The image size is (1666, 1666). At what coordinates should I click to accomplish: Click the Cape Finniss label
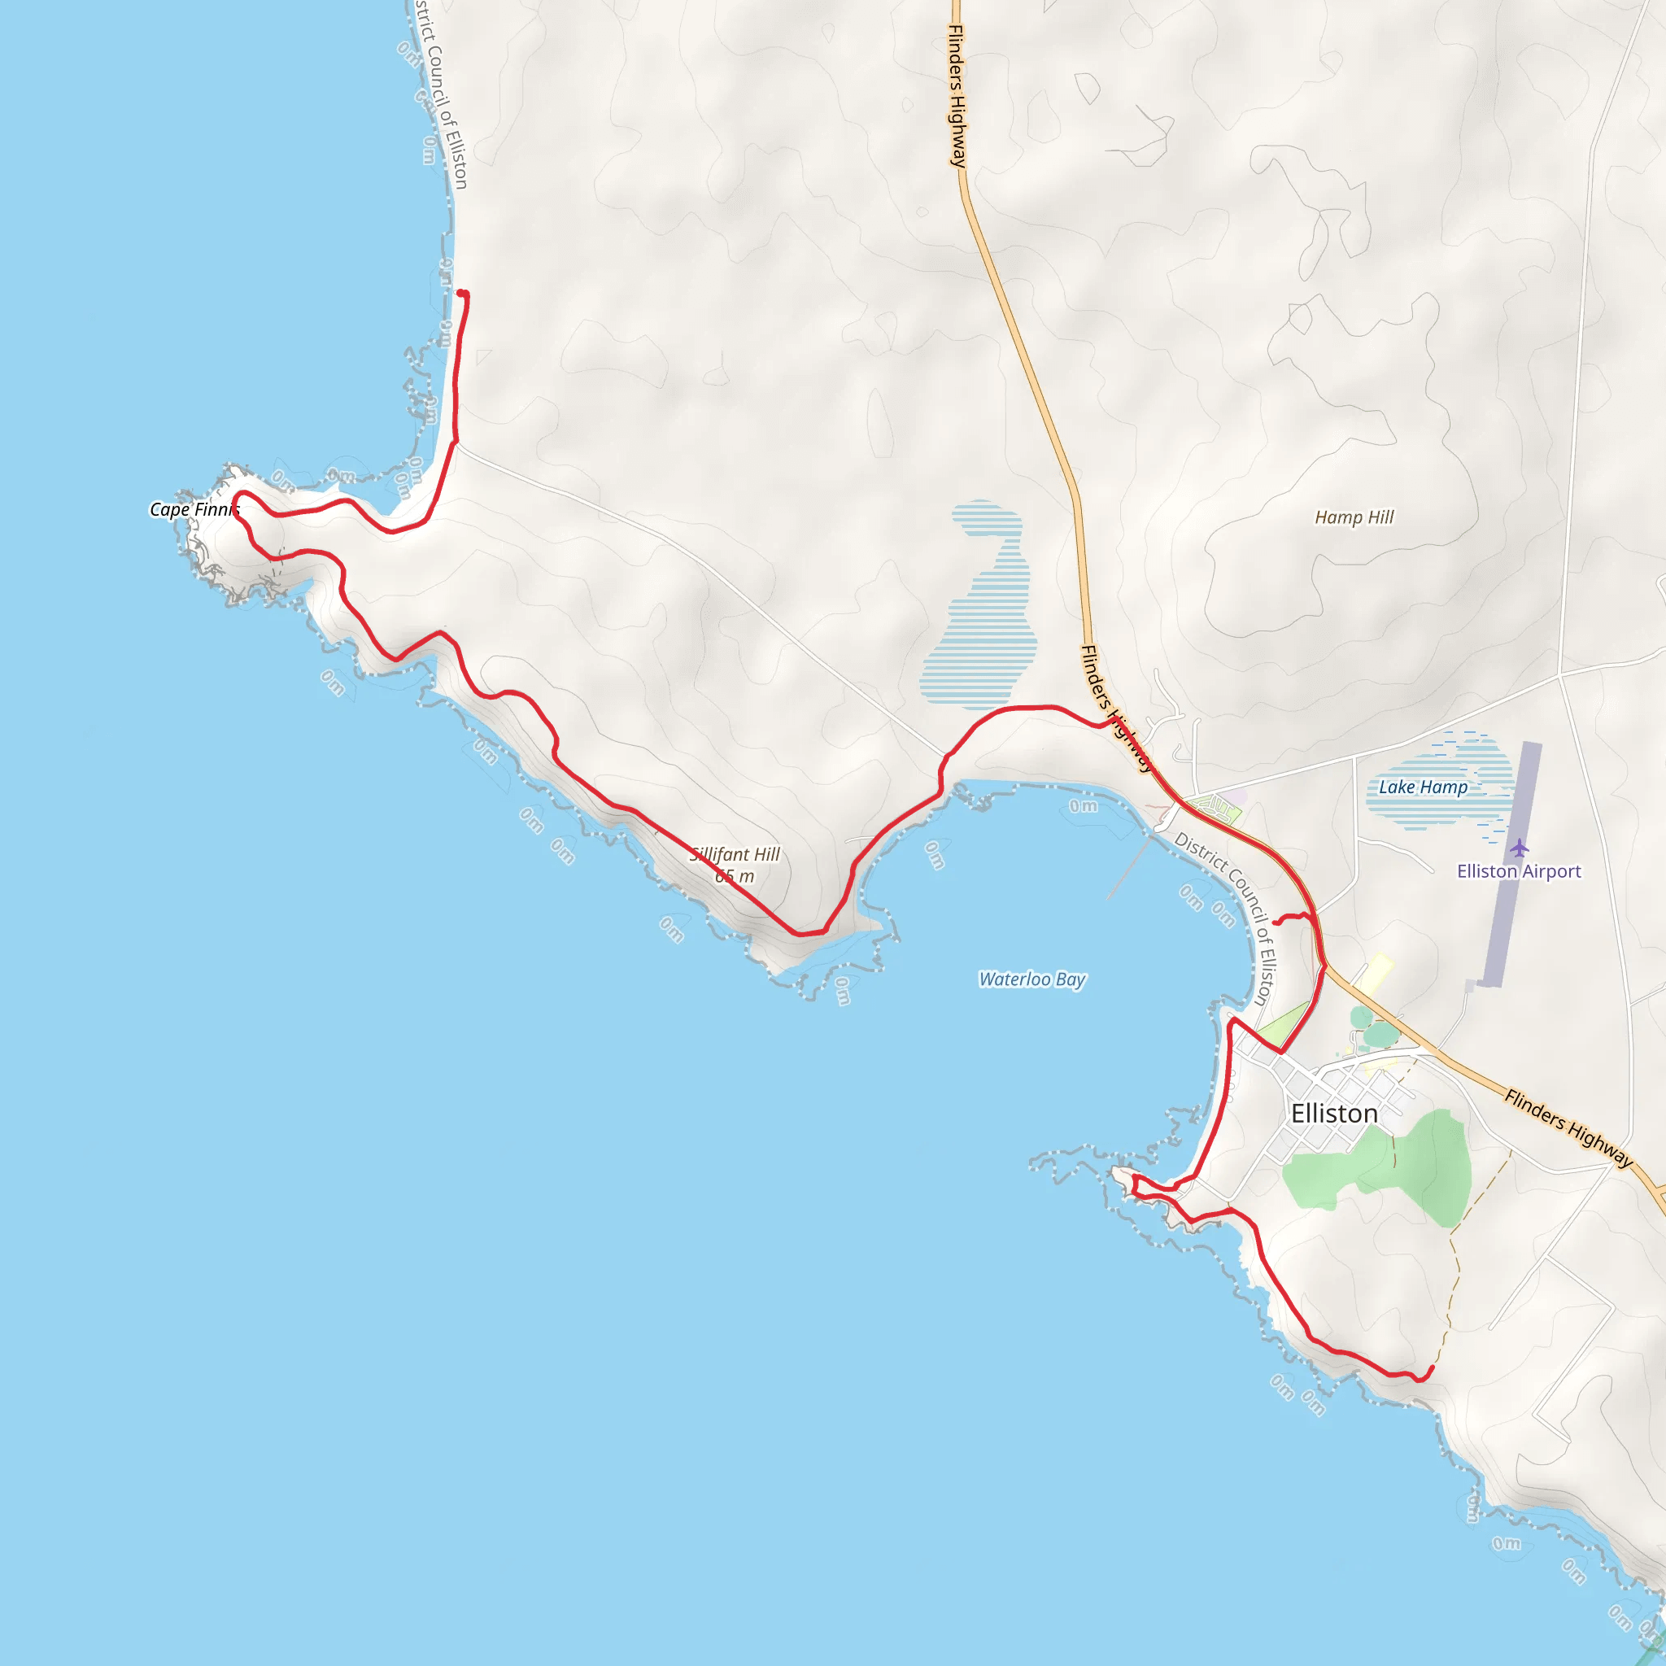point(194,509)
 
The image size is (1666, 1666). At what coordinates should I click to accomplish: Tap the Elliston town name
point(1334,1114)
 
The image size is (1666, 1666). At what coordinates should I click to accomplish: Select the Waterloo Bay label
point(1032,979)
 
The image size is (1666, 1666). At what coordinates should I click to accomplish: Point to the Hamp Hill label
point(1354,517)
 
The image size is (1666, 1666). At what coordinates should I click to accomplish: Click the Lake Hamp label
point(1423,787)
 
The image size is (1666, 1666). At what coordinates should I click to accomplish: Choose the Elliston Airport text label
point(1519,871)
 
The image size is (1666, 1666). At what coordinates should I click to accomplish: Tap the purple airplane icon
point(1520,848)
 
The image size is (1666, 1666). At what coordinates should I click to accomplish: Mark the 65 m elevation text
point(735,876)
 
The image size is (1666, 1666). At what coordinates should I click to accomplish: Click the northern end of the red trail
point(462,294)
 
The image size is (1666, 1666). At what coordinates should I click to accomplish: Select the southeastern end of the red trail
point(1432,1367)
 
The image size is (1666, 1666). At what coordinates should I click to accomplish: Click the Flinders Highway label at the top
point(957,95)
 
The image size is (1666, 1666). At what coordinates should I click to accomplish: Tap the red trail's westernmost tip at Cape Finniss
point(235,497)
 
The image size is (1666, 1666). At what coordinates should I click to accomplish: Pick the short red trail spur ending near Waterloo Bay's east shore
point(1276,922)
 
